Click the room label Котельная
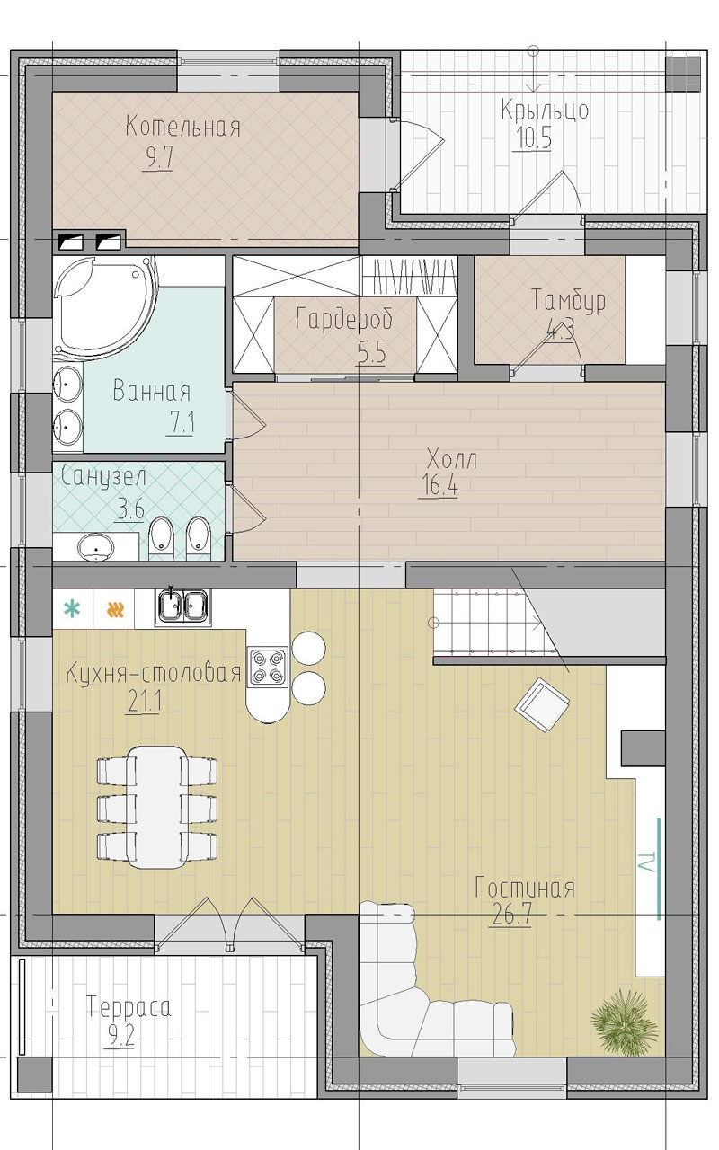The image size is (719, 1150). coord(182,127)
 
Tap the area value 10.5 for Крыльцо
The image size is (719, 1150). coord(533,138)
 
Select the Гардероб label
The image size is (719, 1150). coord(344,319)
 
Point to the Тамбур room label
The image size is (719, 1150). coord(569,300)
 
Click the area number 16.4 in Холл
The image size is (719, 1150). coord(439,484)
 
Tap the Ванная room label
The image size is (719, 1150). coord(152,392)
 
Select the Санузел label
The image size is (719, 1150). coord(103,476)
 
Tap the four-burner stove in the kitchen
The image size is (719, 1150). coord(268,667)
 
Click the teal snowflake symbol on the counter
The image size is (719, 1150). coord(73,609)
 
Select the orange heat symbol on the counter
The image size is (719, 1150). coord(116,610)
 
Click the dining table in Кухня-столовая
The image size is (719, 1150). coord(156,808)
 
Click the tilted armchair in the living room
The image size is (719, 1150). coord(542,703)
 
